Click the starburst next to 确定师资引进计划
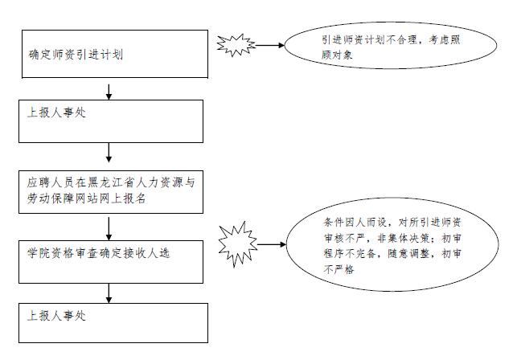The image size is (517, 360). pos(236,45)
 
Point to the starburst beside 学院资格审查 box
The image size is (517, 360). pos(238,244)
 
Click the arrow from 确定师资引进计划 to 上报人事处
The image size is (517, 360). pos(109,92)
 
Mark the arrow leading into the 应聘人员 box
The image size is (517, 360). pos(109,153)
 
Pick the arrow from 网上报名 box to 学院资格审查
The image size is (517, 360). pos(109,228)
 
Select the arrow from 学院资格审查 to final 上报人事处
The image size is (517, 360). pos(109,293)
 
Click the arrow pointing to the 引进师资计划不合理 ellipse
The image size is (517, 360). pos(269,45)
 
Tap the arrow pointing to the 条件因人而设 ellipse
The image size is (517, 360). pos(272,244)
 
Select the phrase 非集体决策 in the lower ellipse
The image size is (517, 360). pos(403,239)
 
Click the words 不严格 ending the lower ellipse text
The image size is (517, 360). pos(339,270)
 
